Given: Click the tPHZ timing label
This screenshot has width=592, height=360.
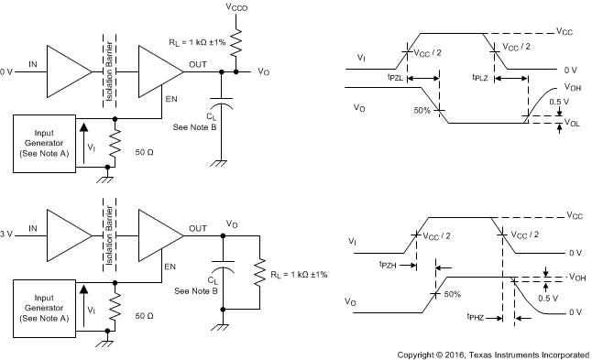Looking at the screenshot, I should pyautogui.click(x=475, y=318).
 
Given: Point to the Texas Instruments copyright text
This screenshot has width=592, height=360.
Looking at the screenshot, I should pyautogui.click(x=493, y=353).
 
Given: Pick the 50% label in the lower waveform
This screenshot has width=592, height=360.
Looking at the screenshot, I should pyautogui.click(x=452, y=295).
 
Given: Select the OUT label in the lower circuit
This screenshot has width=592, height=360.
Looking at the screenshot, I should pyautogui.click(x=197, y=228).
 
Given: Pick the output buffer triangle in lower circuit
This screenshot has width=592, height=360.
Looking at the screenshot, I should pyautogui.click(x=159, y=236).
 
